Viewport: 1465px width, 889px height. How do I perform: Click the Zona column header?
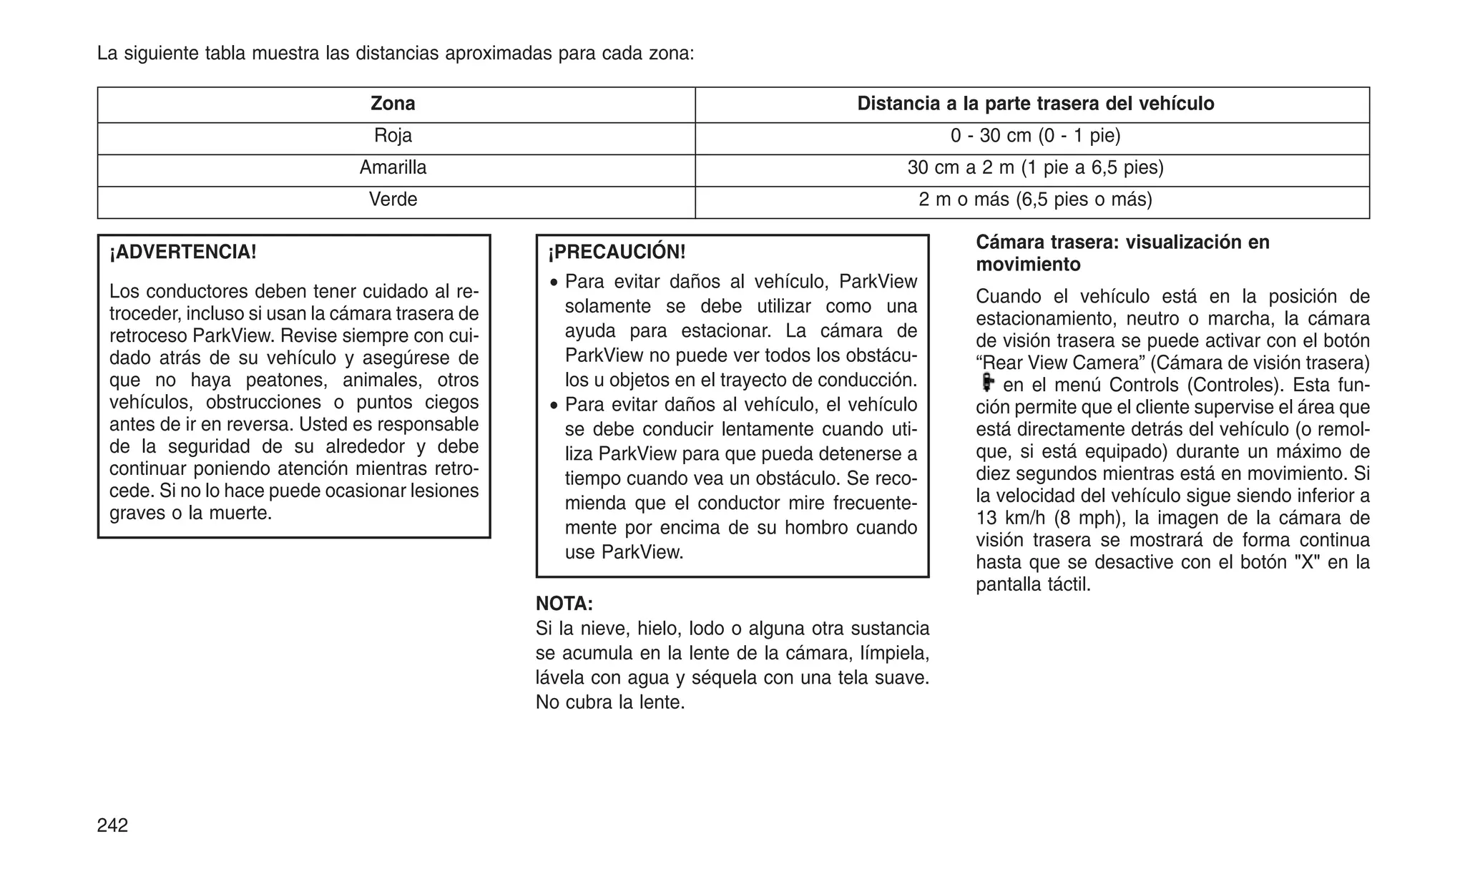(x=393, y=104)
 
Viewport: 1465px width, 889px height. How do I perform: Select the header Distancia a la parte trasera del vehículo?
(x=1035, y=104)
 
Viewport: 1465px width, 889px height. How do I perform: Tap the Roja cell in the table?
(x=393, y=136)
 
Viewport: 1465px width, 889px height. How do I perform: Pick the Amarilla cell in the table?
(x=393, y=168)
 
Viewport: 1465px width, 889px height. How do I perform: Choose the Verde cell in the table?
(x=393, y=200)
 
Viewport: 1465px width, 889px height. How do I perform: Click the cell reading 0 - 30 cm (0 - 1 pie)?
(x=1035, y=136)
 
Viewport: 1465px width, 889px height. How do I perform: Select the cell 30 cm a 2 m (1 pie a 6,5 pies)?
(x=1035, y=168)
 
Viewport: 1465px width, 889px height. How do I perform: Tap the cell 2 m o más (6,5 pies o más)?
(x=1035, y=200)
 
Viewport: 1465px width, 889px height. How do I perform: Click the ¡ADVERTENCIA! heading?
(x=182, y=252)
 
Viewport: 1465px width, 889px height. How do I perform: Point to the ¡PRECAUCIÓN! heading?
(x=617, y=252)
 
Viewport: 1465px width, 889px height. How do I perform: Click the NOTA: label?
(x=564, y=604)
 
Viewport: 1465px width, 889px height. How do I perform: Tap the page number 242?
(x=112, y=825)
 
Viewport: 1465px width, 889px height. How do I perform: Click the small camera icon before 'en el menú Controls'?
(x=987, y=383)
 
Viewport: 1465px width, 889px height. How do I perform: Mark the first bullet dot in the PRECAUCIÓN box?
(x=553, y=283)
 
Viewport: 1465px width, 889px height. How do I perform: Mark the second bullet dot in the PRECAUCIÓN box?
(x=553, y=406)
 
